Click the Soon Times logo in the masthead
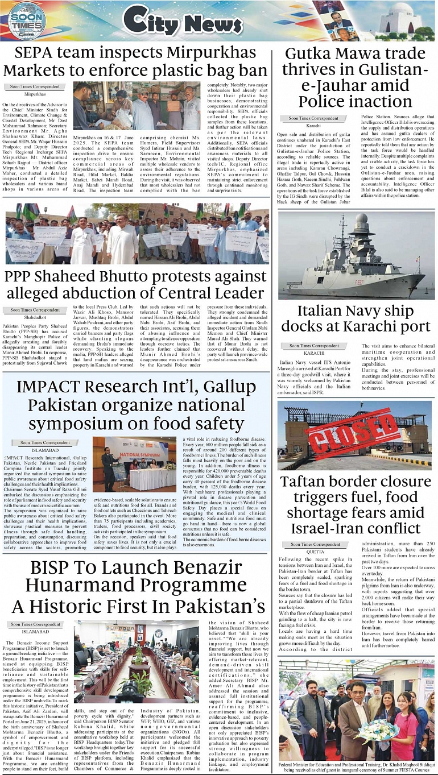(27, 20)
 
